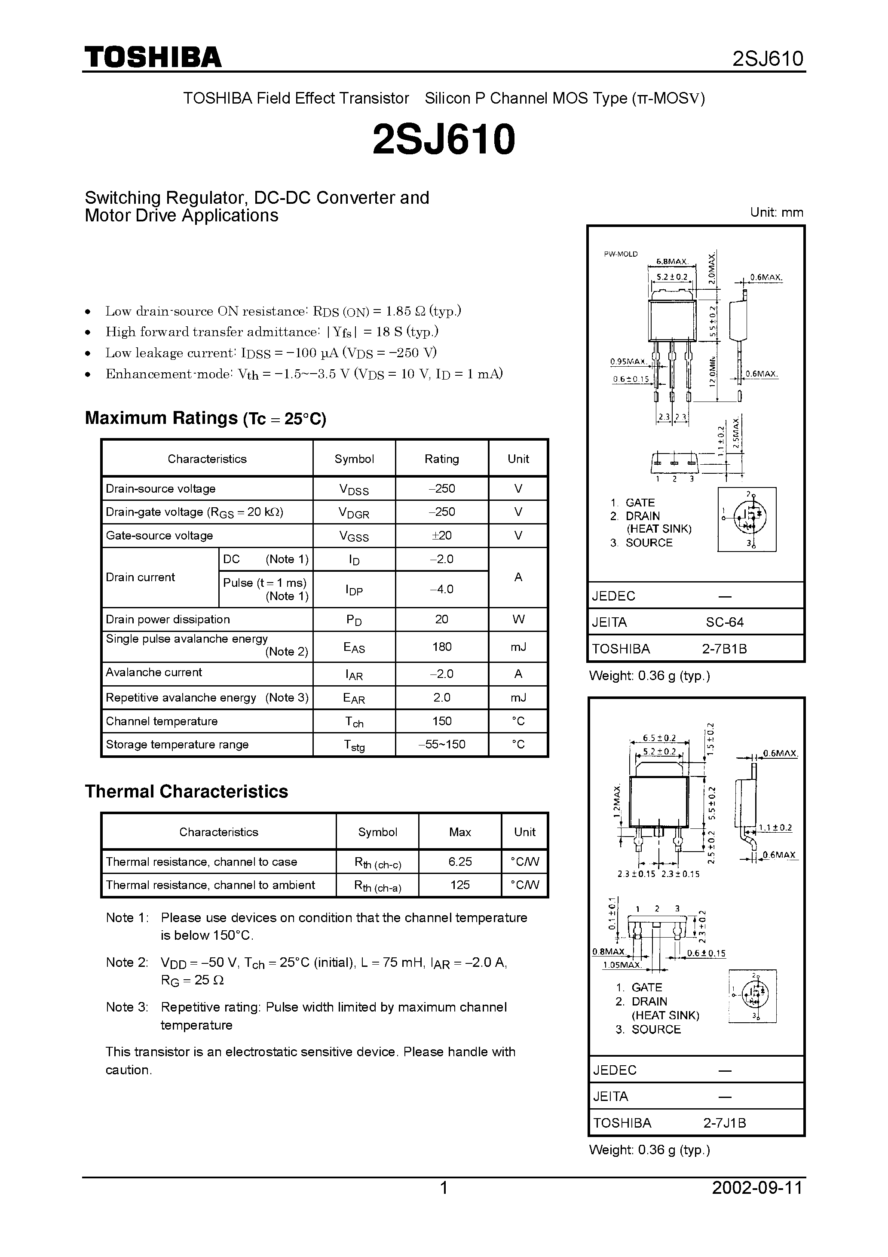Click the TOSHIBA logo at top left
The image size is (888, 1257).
(153, 57)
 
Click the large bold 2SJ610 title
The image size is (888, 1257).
(444, 139)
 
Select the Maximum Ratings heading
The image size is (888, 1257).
(205, 418)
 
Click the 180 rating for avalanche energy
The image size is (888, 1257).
(441, 647)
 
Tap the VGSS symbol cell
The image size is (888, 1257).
(354, 536)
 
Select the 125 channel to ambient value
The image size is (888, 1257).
(459, 885)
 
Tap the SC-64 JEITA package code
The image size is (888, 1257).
(724, 622)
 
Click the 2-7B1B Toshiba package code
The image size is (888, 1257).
(724, 649)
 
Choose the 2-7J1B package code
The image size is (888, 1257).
(724, 1123)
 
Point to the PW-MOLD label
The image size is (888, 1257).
(620, 254)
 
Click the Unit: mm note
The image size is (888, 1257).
(776, 212)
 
